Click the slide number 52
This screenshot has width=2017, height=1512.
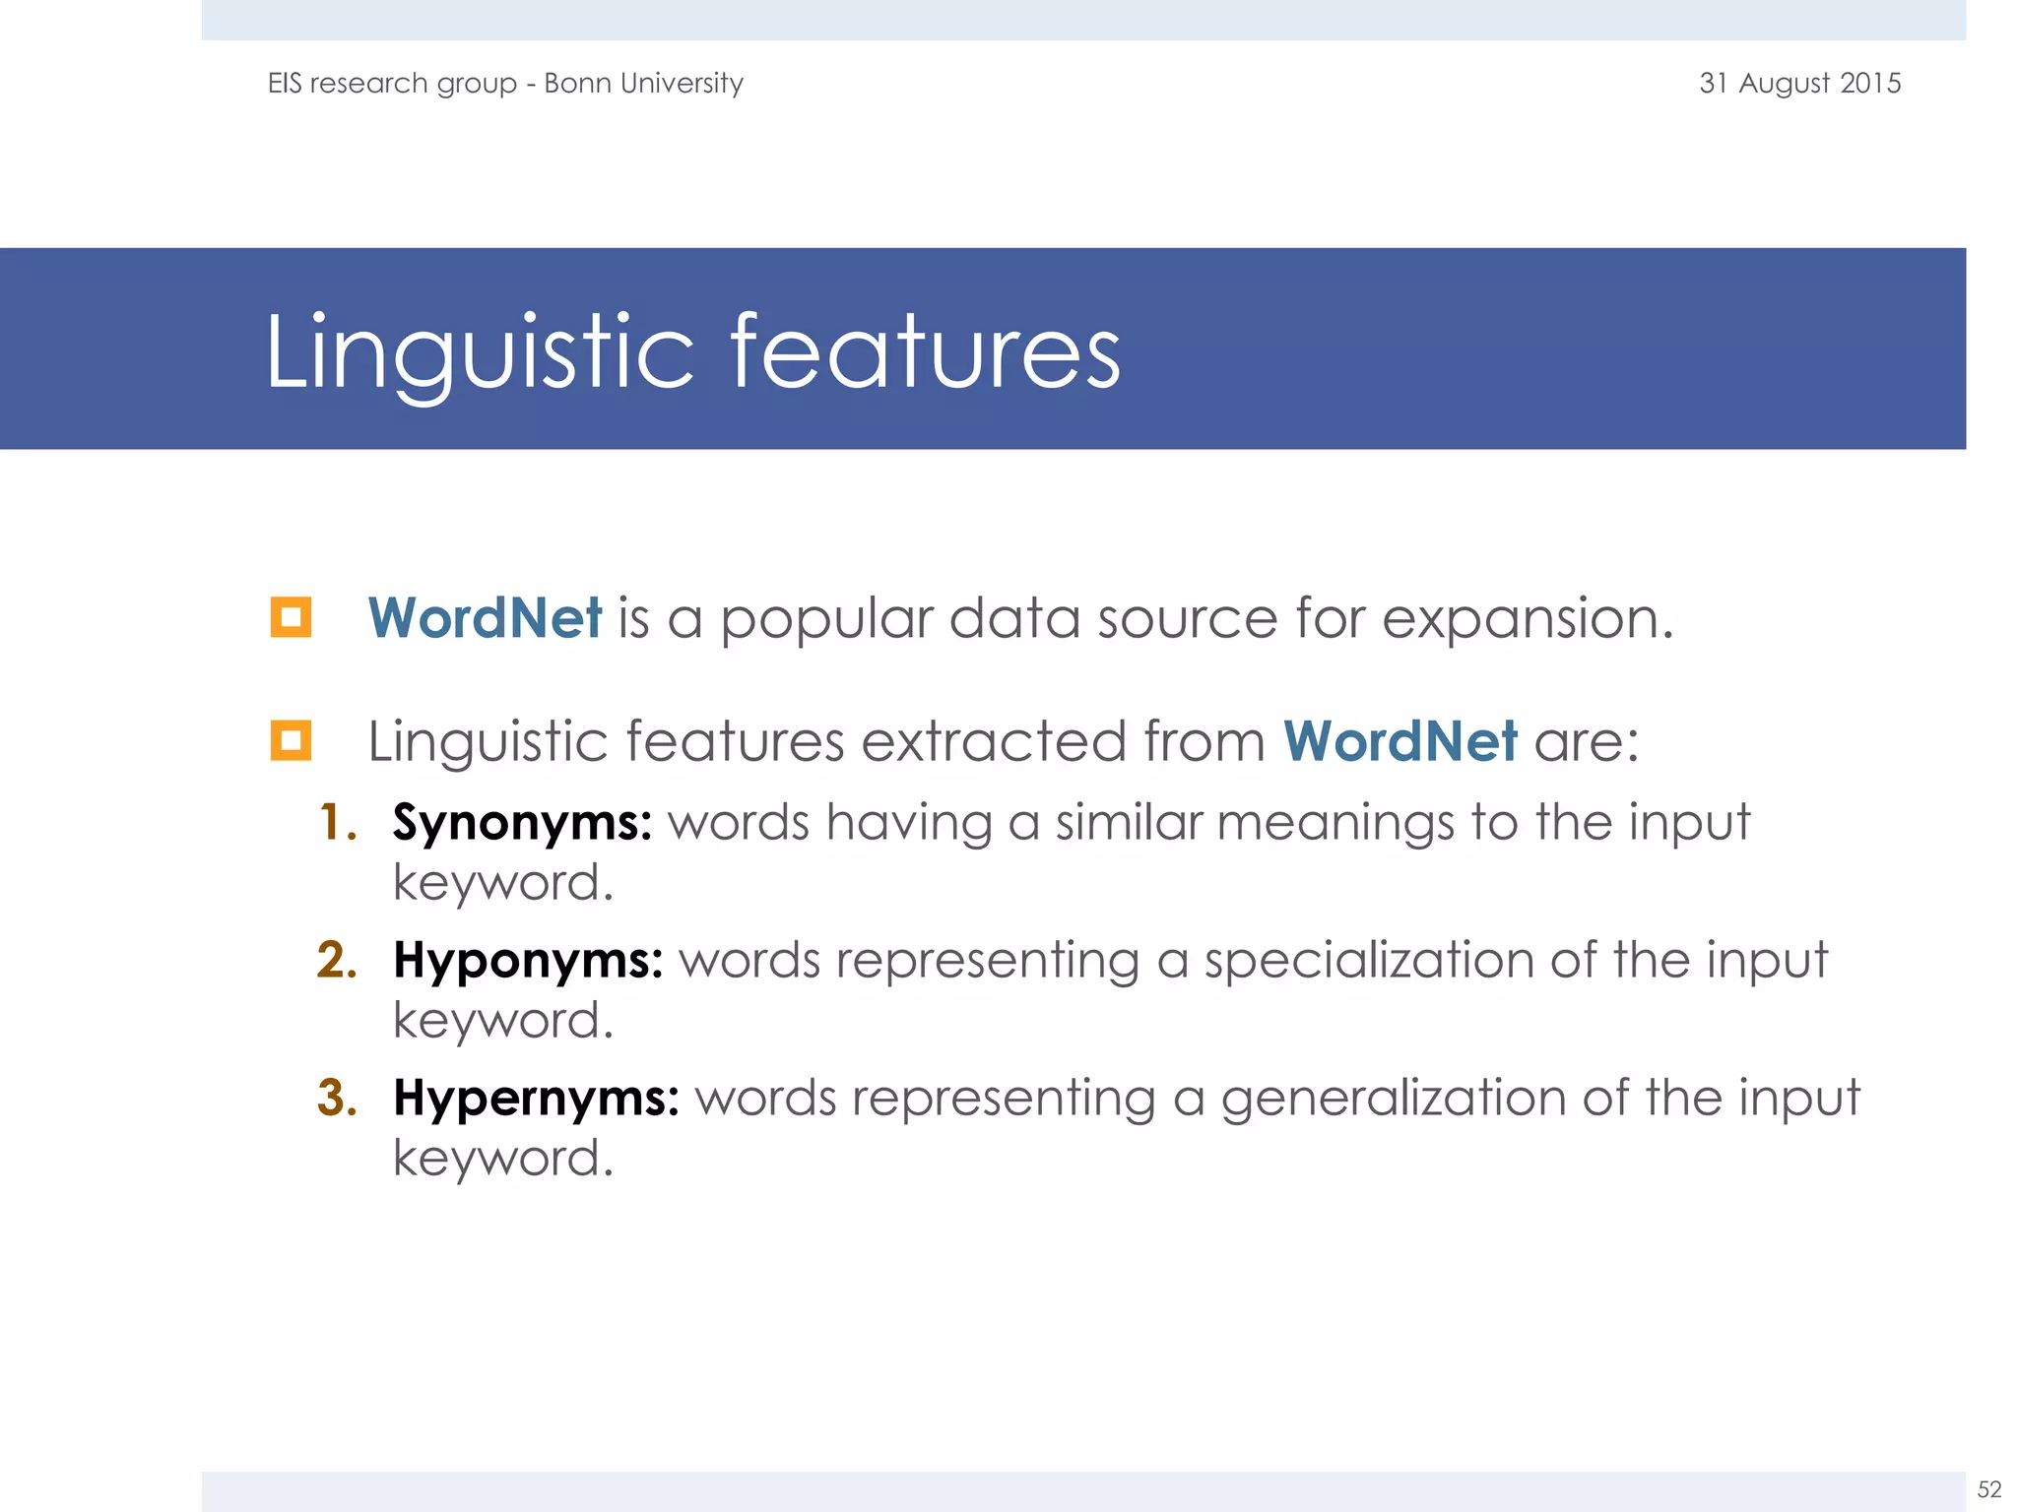coord(1989,1489)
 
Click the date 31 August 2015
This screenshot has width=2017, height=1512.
coord(1799,84)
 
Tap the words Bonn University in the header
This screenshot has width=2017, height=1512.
coord(643,84)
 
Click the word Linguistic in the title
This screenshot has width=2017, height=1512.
coord(480,352)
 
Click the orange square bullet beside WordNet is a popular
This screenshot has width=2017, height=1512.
coord(291,618)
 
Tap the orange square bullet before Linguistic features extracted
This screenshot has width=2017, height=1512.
coord(291,741)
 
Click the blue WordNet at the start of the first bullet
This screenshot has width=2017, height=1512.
coord(485,618)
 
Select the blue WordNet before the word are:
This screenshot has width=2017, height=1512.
coord(1399,741)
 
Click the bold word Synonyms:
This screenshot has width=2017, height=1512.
coord(522,823)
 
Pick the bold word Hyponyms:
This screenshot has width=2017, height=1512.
coord(528,961)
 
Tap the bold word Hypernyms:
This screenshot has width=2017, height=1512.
coord(536,1099)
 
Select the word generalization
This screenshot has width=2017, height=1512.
coord(1393,1099)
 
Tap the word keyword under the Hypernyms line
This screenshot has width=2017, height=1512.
coord(501,1159)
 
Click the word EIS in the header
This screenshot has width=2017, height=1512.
coord(285,84)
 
